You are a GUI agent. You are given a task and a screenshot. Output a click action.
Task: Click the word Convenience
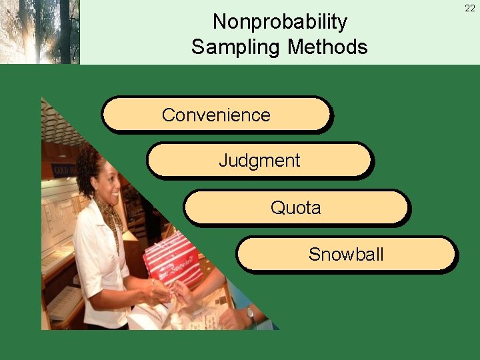pyautogui.click(x=216, y=115)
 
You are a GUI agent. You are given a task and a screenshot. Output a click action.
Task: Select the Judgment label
pyautogui.click(x=259, y=161)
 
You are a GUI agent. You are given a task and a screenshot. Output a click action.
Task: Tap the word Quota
pyautogui.click(x=295, y=208)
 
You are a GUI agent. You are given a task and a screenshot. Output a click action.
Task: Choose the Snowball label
pyautogui.click(x=346, y=254)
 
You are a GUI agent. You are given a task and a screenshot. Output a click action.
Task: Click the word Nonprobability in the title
pyautogui.click(x=279, y=22)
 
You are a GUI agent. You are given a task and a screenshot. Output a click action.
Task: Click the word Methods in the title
pyautogui.click(x=327, y=47)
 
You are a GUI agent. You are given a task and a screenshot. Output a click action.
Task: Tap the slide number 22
pyautogui.click(x=470, y=8)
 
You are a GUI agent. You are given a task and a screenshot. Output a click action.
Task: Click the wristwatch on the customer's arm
pyautogui.click(x=251, y=314)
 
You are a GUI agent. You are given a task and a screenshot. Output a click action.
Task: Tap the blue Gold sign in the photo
pyautogui.click(x=63, y=169)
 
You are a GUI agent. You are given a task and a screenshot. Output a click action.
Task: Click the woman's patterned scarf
pyautogui.click(x=108, y=213)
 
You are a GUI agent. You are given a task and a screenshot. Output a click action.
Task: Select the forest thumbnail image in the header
pyautogui.click(x=40, y=32)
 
